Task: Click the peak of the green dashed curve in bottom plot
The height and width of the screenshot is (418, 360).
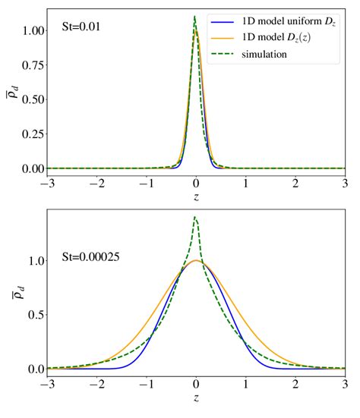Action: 195,218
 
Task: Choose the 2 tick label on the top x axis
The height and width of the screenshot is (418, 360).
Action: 296,183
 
